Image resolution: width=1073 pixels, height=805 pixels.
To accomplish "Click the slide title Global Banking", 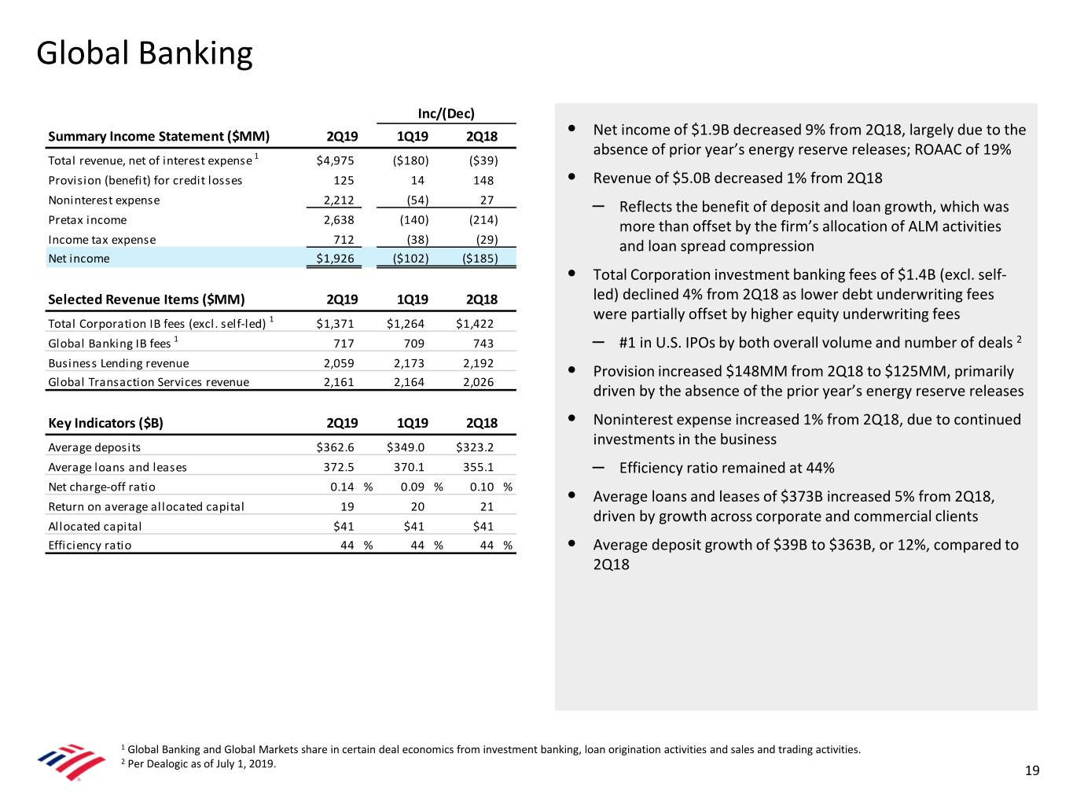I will pos(145,53).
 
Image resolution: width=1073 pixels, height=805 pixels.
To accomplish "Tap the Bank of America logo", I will pos(72,761).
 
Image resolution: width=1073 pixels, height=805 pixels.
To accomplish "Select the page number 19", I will pos(1032,770).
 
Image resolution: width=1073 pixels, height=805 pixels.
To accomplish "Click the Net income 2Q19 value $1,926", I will pos(335,259).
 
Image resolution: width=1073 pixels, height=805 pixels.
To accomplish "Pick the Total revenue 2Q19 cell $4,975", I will pos(335,160).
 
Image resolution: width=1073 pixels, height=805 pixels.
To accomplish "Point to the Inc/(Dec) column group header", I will pos(446,113).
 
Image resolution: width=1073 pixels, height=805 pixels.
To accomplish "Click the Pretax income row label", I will pos(87,220).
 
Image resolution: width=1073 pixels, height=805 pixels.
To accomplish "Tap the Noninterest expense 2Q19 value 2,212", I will pos(339,200).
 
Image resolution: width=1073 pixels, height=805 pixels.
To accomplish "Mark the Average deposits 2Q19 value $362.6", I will pos(335,447).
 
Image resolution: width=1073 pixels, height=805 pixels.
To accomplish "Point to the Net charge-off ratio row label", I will pos(101,487).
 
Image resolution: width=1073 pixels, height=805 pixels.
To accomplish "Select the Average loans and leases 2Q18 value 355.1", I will pos(478,467).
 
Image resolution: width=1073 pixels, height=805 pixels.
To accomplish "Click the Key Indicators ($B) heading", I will pos(105,423).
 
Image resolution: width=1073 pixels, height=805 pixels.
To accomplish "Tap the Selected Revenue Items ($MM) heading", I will pos(146,300).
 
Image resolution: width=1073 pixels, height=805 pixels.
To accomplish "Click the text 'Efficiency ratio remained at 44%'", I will pos(726,469).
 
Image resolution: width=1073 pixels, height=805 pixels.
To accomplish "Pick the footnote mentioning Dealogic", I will pos(201,764).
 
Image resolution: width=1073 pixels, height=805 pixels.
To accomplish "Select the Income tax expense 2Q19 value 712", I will pos(344,240).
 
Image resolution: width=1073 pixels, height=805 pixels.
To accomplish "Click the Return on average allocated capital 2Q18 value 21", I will pos(487,506).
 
